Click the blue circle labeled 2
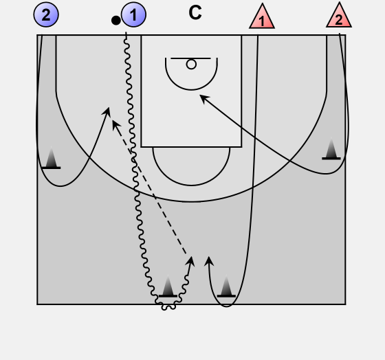coord(46,14)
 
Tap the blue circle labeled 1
coord(133,14)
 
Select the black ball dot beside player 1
coord(116,21)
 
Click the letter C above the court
coord(195,13)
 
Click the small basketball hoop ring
coord(191,65)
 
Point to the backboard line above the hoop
coord(190,58)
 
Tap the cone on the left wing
coord(51,158)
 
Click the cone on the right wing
coord(331,148)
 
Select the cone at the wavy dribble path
coord(168,286)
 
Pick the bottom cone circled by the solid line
coord(226,286)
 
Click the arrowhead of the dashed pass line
coord(115,124)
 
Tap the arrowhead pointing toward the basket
coord(203,98)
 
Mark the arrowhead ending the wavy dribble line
coord(190,262)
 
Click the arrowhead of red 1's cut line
coord(209,261)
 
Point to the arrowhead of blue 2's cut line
coord(107,112)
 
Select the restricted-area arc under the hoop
coord(191,90)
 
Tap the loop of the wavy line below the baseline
coord(168,307)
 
